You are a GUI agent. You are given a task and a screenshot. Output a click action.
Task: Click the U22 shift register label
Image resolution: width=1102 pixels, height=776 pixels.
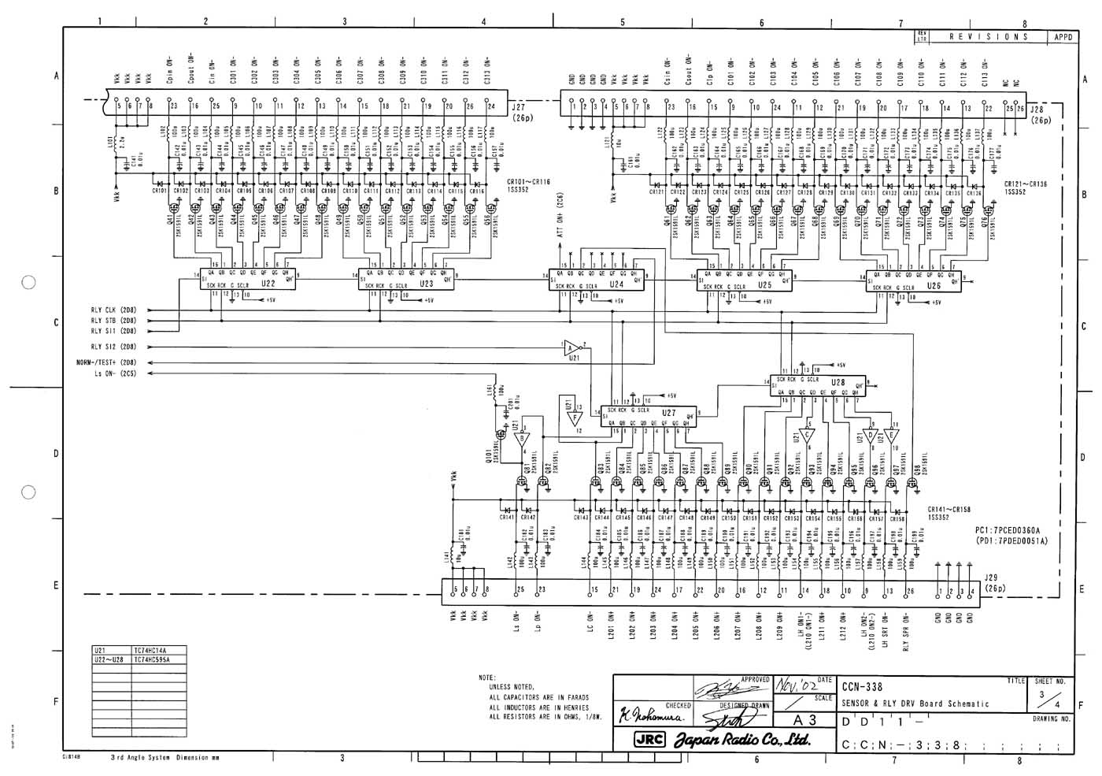point(268,284)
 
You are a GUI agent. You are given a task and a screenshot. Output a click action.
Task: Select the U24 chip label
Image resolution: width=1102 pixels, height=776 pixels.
point(617,284)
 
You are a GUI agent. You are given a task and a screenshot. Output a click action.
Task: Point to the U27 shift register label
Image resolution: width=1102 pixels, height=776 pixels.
point(669,412)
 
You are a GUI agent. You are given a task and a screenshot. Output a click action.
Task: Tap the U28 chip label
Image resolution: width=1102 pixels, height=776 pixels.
point(838,381)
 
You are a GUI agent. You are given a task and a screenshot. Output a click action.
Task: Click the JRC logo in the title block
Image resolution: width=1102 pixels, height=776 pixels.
point(650,741)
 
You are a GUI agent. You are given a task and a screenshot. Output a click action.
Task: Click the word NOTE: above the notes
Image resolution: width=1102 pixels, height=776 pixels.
point(487,678)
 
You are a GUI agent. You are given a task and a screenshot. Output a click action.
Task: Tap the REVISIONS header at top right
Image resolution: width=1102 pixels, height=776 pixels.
point(989,37)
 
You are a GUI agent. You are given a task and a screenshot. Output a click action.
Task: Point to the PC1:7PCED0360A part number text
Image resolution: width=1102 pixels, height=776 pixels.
point(1008,530)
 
